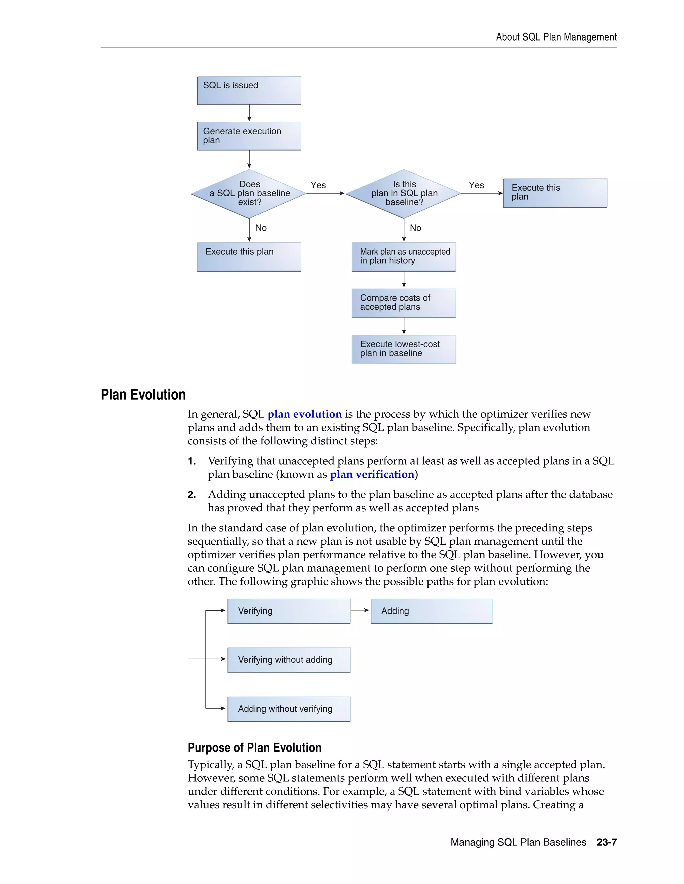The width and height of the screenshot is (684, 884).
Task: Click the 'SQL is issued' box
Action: point(249,90)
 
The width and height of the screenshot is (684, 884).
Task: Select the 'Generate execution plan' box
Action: point(249,136)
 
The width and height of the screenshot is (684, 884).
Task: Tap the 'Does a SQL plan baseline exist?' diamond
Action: point(249,193)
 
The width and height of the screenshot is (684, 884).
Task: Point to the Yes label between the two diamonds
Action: point(318,185)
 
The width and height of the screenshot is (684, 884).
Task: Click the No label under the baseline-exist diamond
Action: point(261,228)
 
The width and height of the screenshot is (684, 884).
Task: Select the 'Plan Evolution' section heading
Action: point(143,395)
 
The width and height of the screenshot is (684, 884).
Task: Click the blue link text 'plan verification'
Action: point(372,474)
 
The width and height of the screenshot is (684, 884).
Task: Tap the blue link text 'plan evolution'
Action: point(304,414)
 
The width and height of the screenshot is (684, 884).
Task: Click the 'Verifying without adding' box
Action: point(289,660)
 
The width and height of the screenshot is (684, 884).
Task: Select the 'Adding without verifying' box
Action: point(289,709)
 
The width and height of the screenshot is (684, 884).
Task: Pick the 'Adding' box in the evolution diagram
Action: point(432,611)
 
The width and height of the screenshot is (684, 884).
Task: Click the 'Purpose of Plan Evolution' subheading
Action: point(254,748)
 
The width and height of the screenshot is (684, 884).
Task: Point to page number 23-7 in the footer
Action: point(606,842)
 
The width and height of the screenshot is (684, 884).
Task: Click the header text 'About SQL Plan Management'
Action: point(556,37)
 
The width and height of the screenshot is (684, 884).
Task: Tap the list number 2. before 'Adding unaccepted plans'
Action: point(192,495)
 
